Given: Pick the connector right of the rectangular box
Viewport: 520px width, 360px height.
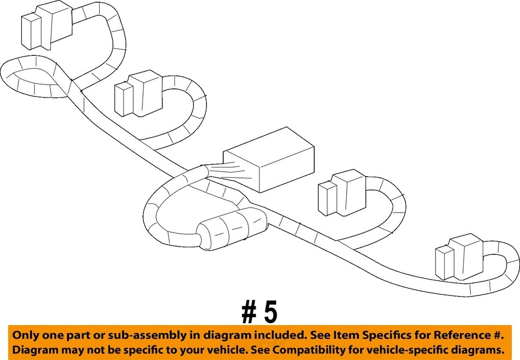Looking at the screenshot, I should point(342,192).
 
